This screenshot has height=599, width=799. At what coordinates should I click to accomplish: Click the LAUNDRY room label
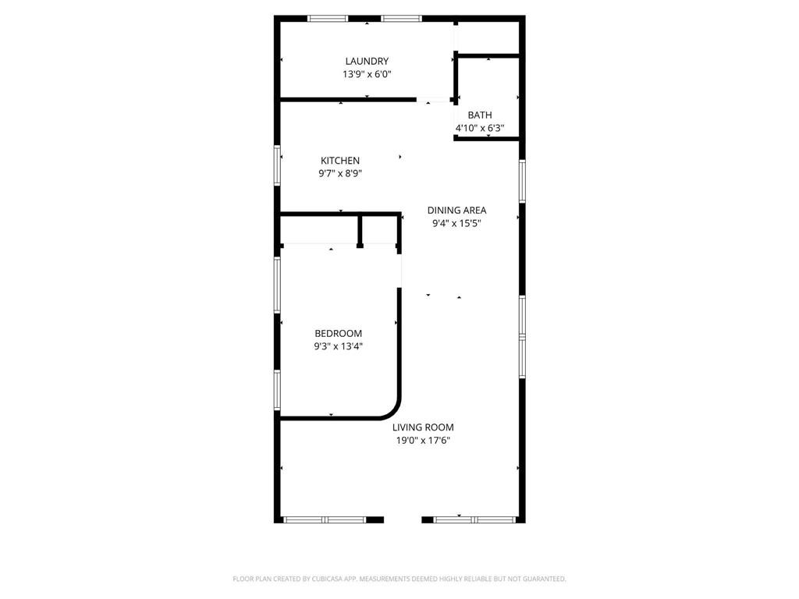(367, 61)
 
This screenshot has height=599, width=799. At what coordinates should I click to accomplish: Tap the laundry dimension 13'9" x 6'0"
(367, 75)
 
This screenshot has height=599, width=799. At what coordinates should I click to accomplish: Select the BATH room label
(480, 115)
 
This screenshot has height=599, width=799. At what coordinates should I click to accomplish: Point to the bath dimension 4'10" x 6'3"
(480, 129)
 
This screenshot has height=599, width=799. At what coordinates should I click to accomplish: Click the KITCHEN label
(340, 161)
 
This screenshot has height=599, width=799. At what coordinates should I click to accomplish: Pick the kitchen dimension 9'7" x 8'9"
(340, 174)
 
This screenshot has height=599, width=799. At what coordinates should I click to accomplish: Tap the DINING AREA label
(456, 210)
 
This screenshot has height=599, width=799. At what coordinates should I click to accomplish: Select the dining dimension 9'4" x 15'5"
(456, 223)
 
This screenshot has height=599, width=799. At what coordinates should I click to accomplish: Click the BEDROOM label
(338, 333)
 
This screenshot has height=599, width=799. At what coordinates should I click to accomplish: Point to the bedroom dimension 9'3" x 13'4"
(338, 346)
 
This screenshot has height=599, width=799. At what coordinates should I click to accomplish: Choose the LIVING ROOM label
(423, 427)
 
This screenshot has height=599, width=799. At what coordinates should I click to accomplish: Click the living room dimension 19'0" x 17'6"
(423, 441)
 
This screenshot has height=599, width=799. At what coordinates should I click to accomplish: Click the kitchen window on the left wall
(277, 165)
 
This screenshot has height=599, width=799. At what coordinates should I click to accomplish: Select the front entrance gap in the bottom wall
(403, 519)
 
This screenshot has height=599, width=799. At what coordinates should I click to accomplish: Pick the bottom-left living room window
(324, 519)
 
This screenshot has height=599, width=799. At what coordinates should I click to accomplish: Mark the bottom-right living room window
(474, 519)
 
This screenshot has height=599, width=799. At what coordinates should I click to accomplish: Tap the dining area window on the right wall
(522, 181)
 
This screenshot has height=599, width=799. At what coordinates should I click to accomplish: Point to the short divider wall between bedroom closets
(360, 231)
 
